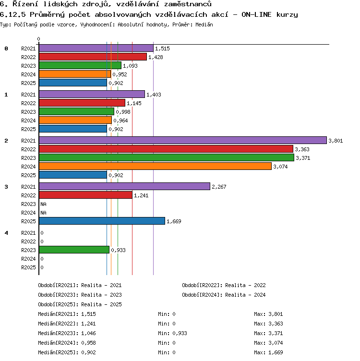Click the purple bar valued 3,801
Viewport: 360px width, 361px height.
(183, 140)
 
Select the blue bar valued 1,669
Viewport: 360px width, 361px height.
(102, 221)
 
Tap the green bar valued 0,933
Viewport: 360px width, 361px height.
(74, 250)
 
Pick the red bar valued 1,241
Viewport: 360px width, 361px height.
(85, 195)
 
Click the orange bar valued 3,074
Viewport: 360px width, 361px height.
(155, 166)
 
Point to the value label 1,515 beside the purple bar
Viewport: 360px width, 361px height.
(162, 48)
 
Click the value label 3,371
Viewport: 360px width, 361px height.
(303, 158)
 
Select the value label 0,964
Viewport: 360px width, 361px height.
(120, 120)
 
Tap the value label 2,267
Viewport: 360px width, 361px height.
(219, 187)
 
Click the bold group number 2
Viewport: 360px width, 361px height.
(6, 141)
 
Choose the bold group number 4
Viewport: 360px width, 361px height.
(6, 233)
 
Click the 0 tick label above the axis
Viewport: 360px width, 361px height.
(39, 39)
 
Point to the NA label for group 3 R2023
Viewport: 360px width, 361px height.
(43, 204)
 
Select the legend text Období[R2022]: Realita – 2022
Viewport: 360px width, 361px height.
(224, 285)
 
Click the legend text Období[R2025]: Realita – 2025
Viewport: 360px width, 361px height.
(80, 304)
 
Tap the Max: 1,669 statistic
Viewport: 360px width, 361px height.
(268, 352)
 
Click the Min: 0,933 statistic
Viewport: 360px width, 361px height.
(172, 333)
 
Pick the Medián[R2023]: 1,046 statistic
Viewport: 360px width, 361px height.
(67, 333)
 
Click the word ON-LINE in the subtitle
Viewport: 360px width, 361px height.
(256, 14)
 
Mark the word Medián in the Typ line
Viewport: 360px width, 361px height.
(204, 24)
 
